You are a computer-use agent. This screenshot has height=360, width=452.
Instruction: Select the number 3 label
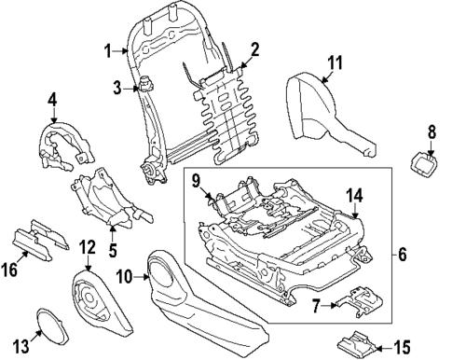117,89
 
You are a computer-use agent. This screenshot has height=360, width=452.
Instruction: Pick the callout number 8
431,132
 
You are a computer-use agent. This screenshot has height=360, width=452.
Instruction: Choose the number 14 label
355,196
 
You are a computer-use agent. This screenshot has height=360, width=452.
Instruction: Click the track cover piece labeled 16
42,239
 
